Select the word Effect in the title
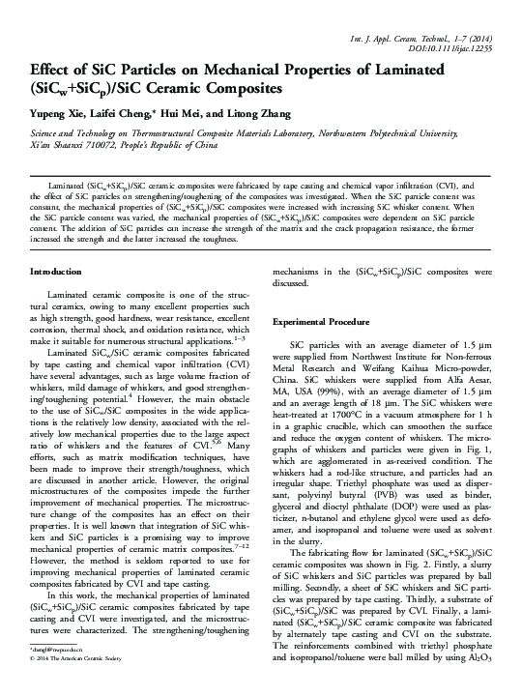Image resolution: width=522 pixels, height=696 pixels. tap(49, 72)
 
